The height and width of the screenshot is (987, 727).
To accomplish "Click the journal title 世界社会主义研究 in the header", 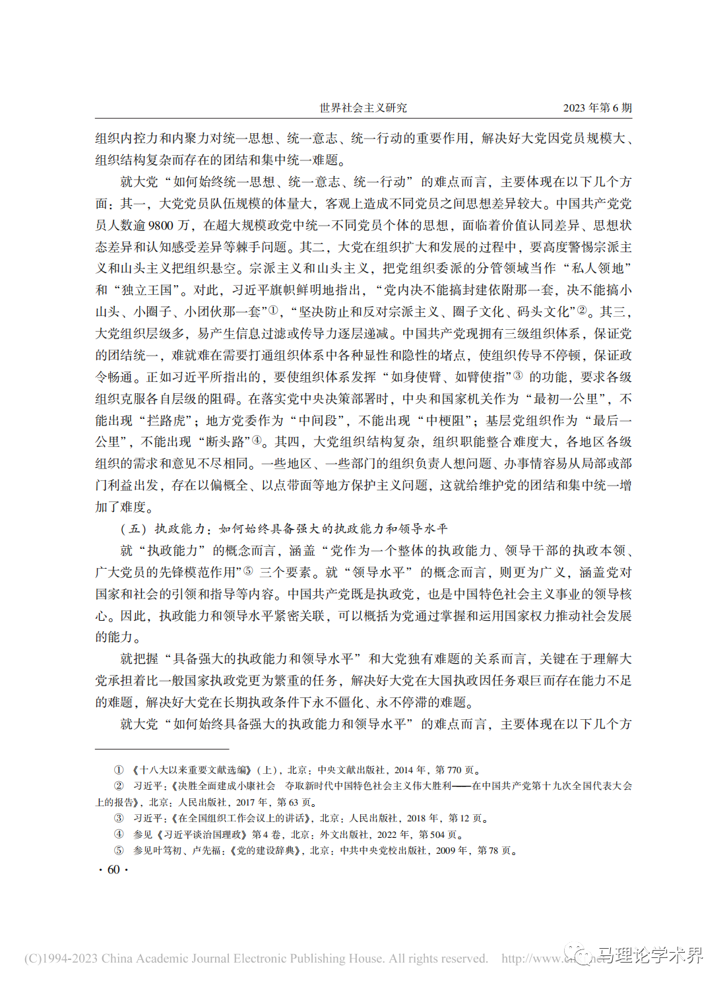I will [363, 108].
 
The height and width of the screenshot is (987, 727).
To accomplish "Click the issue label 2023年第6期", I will [597, 108].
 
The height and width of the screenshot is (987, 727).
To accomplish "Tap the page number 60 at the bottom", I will [113, 870].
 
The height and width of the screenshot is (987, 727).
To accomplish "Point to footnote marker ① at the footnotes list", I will [119, 770].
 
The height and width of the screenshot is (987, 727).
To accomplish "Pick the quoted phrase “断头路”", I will [226, 442].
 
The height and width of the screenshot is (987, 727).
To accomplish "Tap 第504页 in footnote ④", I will [437, 835].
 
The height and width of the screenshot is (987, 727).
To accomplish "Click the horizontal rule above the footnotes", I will [162, 749].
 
